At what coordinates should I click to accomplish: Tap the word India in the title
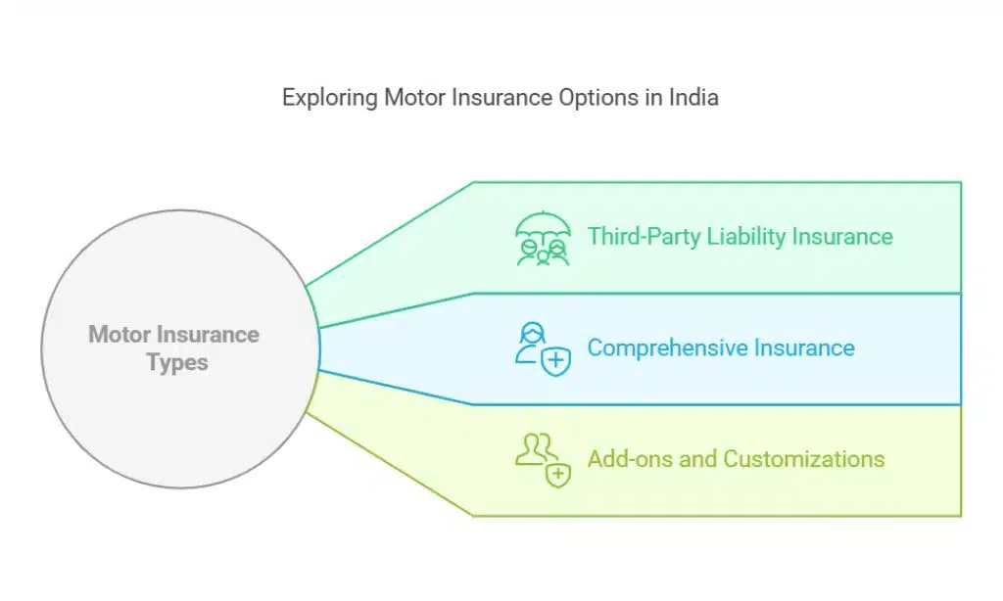click(693, 98)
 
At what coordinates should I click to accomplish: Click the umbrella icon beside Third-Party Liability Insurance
click(542, 238)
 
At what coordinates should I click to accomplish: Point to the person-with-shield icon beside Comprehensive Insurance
click(542, 348)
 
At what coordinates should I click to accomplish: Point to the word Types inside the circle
click(177, 362)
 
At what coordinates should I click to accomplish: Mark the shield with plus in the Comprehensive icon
click(556, 362)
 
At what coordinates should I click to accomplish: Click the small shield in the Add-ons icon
click(558, 475)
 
